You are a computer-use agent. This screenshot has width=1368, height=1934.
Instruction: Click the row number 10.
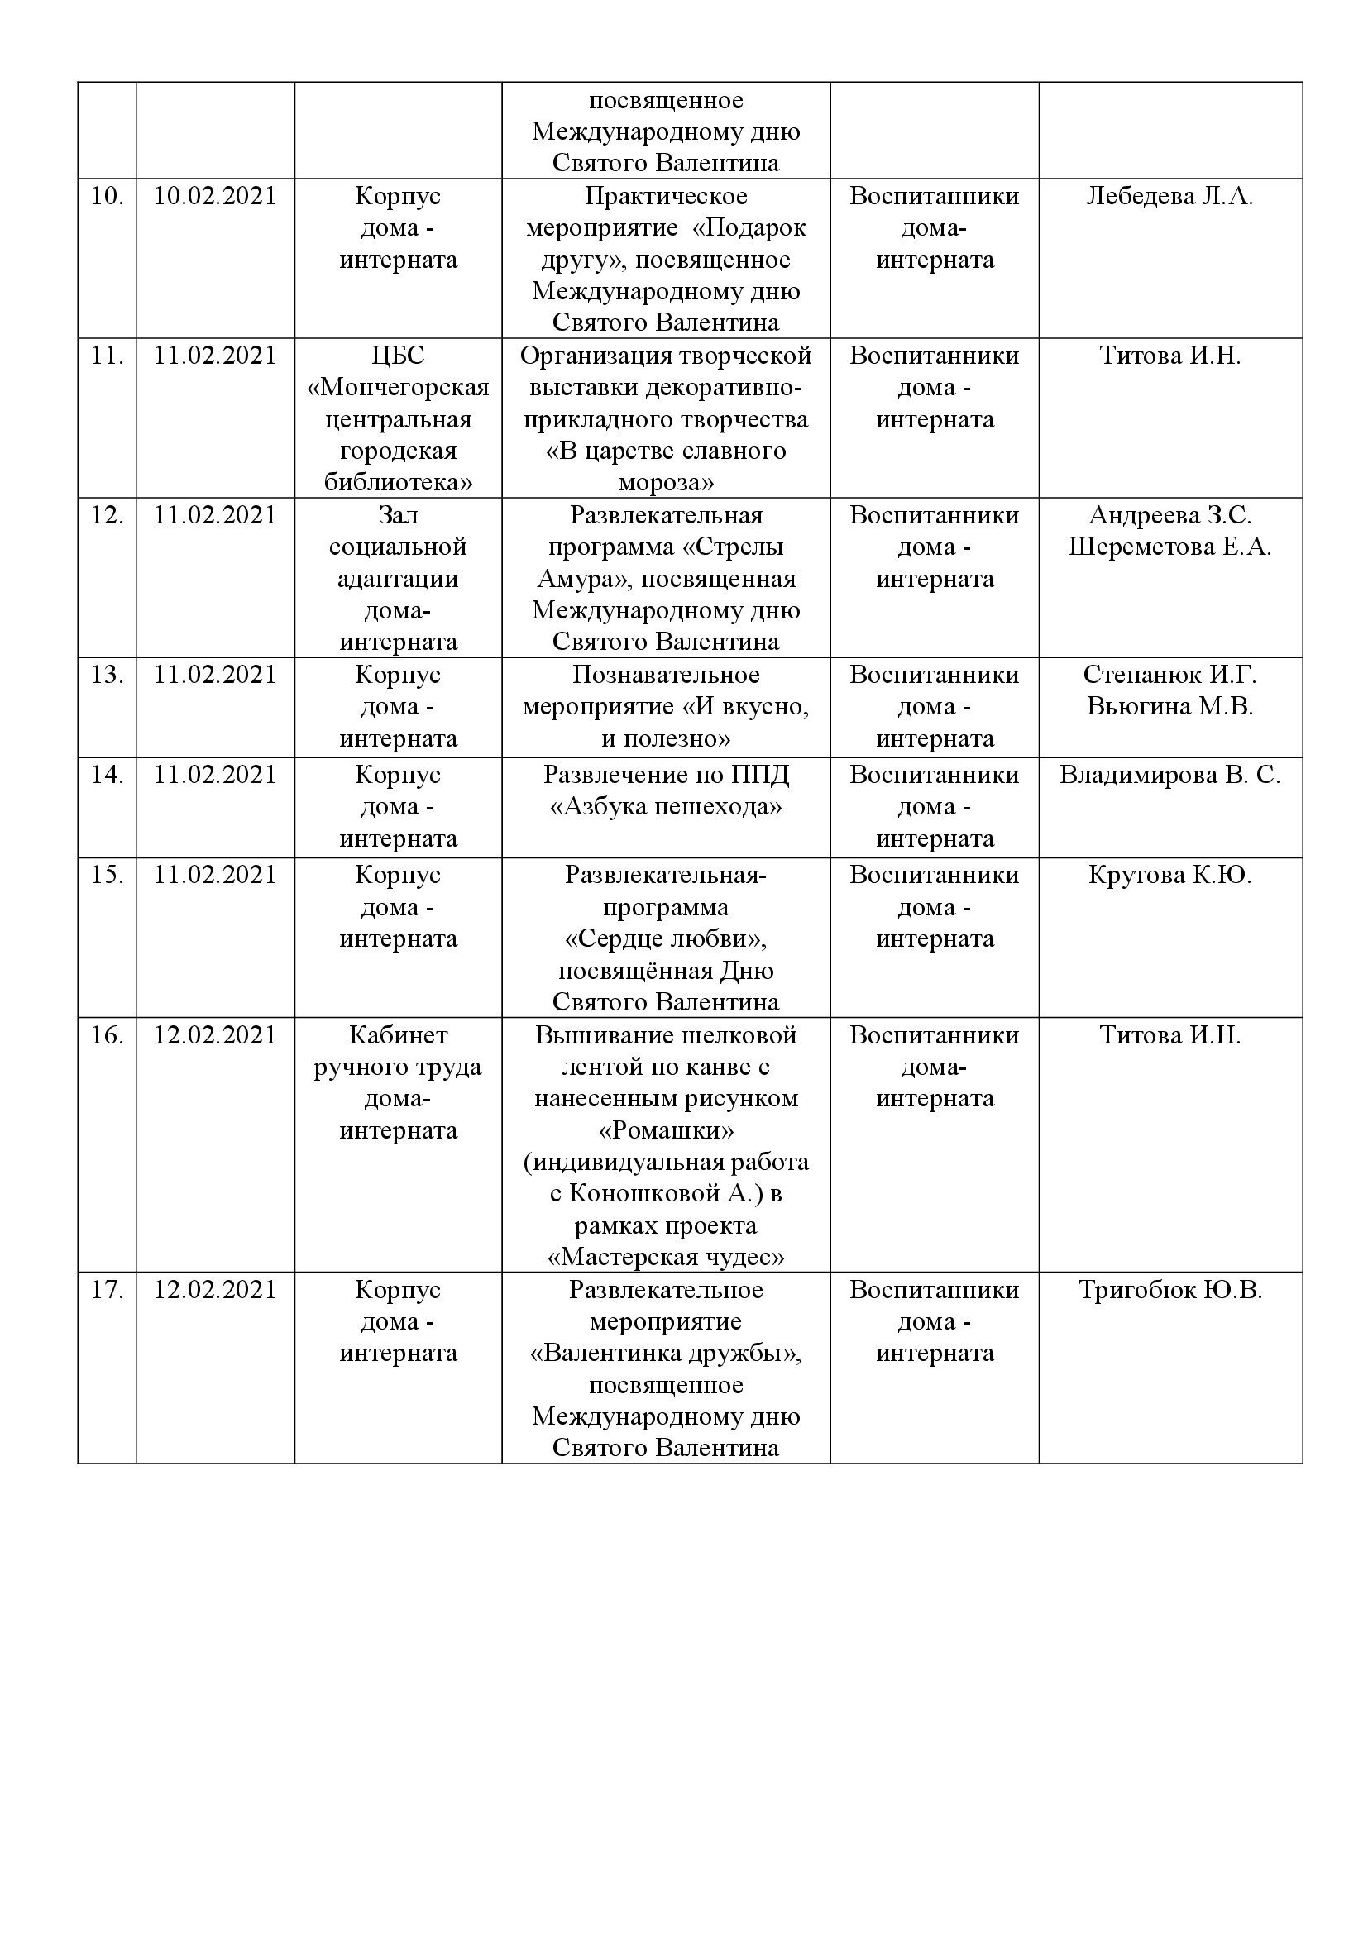pyautogui.click(x=107, y=196)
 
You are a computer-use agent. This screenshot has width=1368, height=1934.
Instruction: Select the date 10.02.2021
pyautogui.click(x=215, y=196)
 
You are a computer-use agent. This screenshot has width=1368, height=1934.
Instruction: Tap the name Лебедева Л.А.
pyautogui.click(x=1169, y=196)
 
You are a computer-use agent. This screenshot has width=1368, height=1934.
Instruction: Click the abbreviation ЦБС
pyautogui.click(x=398, y=356)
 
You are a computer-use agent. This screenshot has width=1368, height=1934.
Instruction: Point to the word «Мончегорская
pyautogui.click(x=398, y=388)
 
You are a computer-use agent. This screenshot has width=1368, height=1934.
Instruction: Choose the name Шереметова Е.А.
pyautogui.click(x=1169, y=547)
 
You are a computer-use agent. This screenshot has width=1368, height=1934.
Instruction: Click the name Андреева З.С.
pyautogui.click(x=1169, y=515)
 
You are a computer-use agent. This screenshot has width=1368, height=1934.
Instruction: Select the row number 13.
pyautogui.click(x=107, y=676)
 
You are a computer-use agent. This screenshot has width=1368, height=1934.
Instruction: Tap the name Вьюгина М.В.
pyautogui.click(x=1169, y=707)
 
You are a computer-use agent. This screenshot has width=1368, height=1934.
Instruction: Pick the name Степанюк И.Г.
pyautogui.click(x=1169, y=676)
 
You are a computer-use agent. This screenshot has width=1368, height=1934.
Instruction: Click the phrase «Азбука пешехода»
pyautogui.click(x=666, y=807)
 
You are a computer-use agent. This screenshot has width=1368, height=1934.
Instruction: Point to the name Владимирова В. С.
pyautogui.click(x=1169, y=775)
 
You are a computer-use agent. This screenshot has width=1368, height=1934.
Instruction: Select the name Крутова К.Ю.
pyautogui.click(x=1169, y=875)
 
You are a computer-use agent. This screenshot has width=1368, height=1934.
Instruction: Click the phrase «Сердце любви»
pyautogui.click(x=666, y=939)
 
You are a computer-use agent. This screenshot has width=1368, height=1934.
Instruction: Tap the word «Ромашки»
pyautogui.click(x=666, y=1130)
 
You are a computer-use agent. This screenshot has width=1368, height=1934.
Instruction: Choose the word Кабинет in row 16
pyautogui.click(x=398, y=1035)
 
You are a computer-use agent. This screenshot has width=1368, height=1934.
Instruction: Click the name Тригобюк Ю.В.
pyautogui.click(x=1169, y=1291)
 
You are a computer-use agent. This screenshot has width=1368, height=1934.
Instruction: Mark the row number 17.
pyautogui.click(x=107, y=1291)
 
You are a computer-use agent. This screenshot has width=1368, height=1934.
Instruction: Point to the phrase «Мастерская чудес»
pyautogui.click(x=666, y=1258)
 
